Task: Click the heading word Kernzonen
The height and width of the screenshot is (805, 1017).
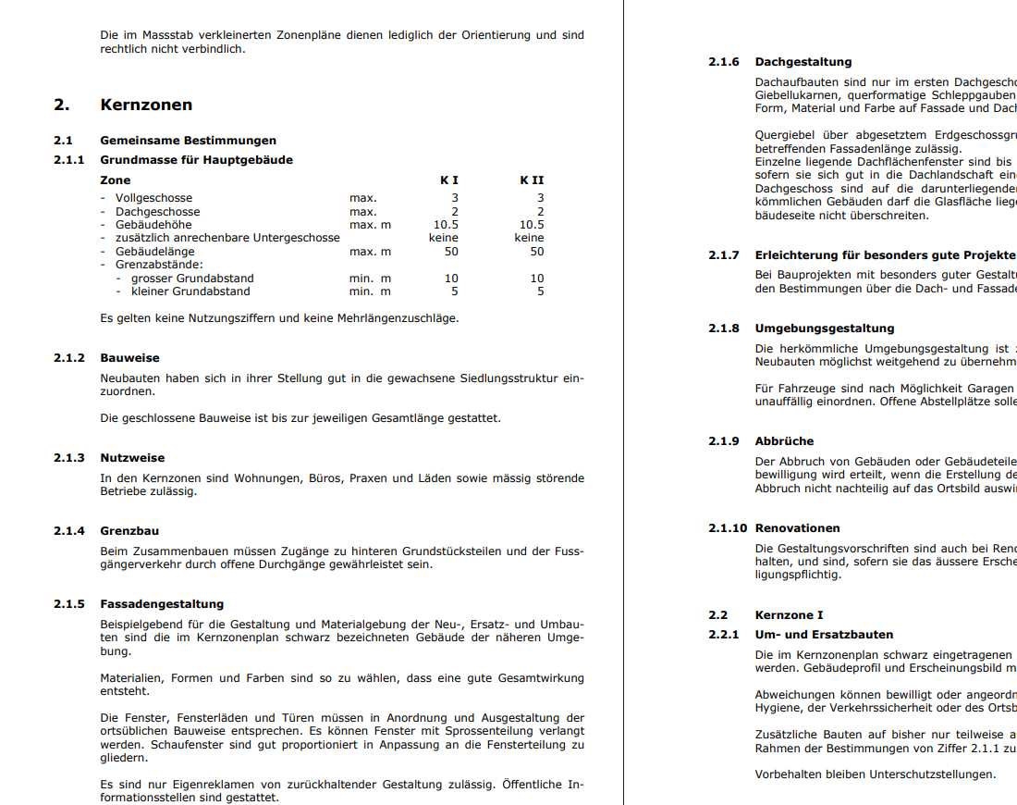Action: click(x=146, y=105)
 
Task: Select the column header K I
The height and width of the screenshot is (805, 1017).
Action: click(x=449, y=180)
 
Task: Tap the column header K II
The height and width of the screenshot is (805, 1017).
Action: click(x=532, y=180)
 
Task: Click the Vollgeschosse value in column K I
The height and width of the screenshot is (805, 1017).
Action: click(x=454, y=198)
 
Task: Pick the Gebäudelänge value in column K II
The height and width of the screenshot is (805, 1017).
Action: click(x=537, y=252)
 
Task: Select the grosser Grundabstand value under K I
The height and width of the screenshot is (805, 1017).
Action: click(x=451, y=279)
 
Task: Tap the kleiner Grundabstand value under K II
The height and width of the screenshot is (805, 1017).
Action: click(x=541, y=291)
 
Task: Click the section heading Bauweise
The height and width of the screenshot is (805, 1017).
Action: click(x=129, y=358)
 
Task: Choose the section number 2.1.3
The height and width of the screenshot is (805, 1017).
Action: click(x=69, y=458)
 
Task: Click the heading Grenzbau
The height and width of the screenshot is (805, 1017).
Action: click(x=129, y=531)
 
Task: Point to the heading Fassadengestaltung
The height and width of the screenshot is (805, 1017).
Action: click(x=162, y=604)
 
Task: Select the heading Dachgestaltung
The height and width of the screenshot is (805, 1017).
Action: click(x=803, y=62)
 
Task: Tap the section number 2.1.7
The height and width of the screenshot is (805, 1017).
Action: click(x=724, y=255)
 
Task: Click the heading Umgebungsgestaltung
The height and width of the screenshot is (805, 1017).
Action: click(x=825, y=328)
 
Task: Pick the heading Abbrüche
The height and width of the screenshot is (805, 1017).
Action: click(x=784, y=441)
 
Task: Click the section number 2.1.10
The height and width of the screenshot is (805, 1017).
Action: click(x=728, y=528)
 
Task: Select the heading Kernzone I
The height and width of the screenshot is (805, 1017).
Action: click(x=789, y=615)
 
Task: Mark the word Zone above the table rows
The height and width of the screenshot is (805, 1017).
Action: click(x=116, y=180)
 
